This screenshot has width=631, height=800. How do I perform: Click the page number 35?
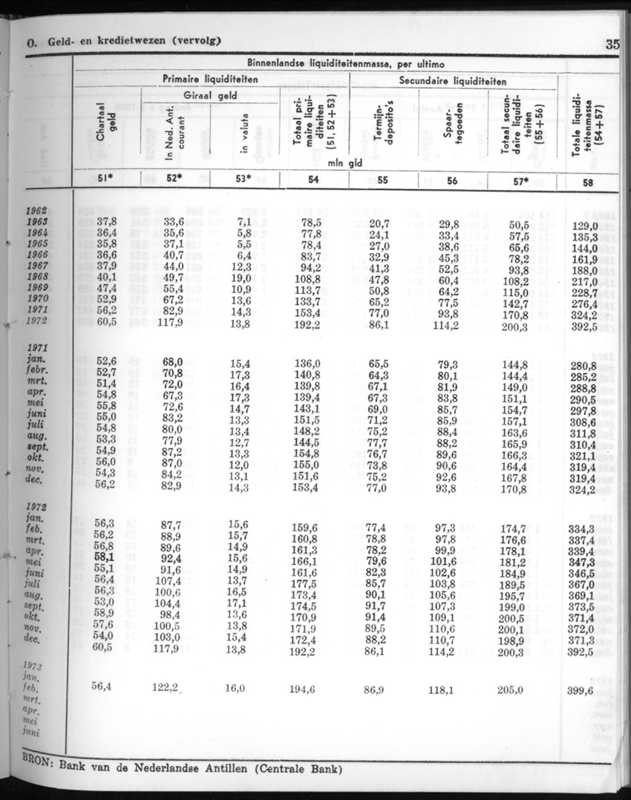tap(612, 43)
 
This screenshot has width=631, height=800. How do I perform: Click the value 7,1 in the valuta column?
tap(243, 221)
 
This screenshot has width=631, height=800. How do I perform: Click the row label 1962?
tap(36, 210)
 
